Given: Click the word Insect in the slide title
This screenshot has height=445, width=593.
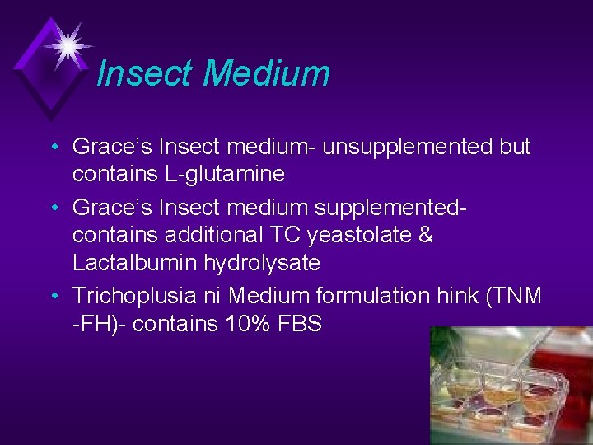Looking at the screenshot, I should point(145,73).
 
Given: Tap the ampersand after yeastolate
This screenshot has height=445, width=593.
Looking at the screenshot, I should point(426,235).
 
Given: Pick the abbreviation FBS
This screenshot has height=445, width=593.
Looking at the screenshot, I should point(299,324).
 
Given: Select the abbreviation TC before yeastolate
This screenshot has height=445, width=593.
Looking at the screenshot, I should point(288,235).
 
